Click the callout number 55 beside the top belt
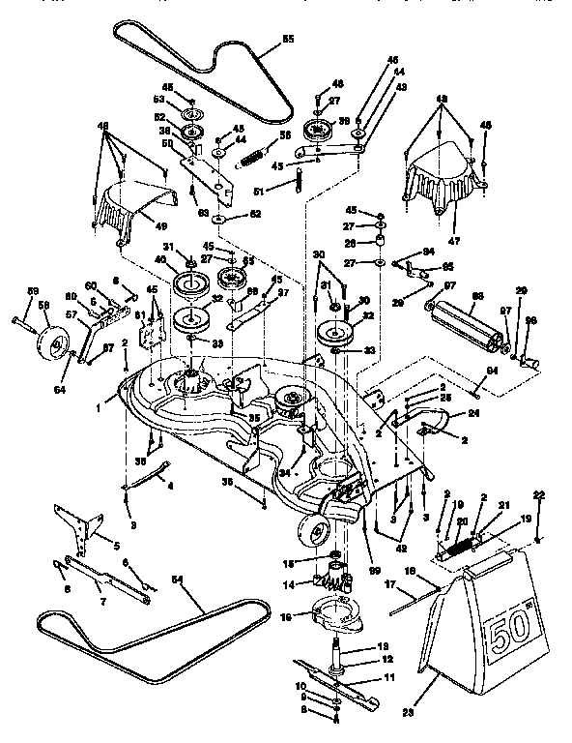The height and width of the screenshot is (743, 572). [x=287, y=41]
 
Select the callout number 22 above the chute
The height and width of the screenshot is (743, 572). [x=539, y=495]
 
